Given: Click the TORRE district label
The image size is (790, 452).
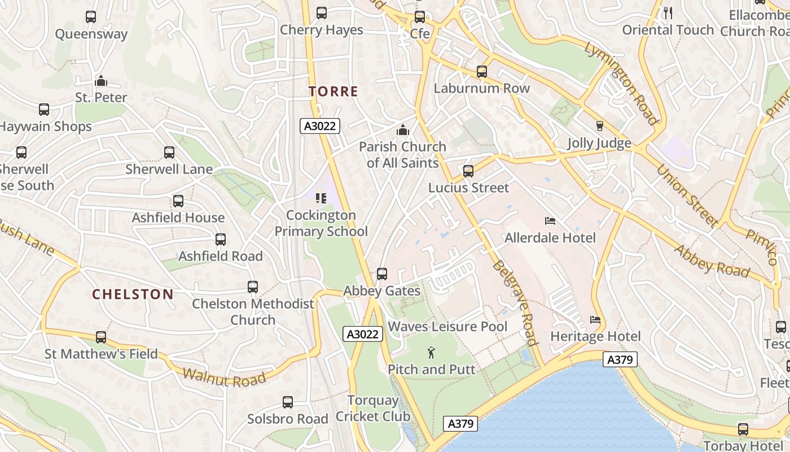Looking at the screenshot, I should pos(333,92).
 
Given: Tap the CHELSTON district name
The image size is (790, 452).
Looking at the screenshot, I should pos(133,294).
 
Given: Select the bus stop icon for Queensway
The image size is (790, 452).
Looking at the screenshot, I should pos(91,17).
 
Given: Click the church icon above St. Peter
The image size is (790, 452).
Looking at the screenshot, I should pos(101,81).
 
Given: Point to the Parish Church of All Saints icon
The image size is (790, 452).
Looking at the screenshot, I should pos(402,131).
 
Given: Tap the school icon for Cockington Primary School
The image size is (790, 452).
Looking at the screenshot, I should pos(321,198).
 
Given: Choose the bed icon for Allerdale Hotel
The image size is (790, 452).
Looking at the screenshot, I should pos(550,221).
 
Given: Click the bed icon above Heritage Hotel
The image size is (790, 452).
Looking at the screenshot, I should pos(595,320).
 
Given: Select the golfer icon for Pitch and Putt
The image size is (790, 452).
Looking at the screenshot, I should pos(432,353).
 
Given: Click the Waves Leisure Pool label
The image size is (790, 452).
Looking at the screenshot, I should pos(447,327).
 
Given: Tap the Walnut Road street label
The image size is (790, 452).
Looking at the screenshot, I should pos(224,378).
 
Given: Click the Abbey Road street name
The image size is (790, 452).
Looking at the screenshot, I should pos(712,262).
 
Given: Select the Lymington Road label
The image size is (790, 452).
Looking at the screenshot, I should pos(621,82).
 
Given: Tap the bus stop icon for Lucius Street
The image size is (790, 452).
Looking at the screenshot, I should pos(468,171).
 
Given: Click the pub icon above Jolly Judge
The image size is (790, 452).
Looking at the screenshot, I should pos(599,126).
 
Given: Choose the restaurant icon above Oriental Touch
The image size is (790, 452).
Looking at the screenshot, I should pos(668,13).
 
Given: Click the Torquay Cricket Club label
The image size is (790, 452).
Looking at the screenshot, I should pos(373,408).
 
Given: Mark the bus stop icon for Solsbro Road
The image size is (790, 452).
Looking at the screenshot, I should pos(288,402).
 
